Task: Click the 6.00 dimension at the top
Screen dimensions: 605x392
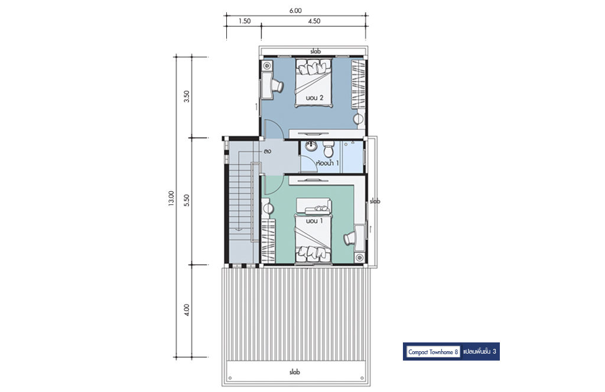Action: point(295,11)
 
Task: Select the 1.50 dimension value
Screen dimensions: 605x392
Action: point(245,21)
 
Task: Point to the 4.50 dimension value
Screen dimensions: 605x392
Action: point(314,21)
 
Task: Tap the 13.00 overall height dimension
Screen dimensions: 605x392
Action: point(171,198)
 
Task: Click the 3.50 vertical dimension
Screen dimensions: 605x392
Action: point(187,96)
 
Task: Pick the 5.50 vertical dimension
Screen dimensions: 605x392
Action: point(187,201)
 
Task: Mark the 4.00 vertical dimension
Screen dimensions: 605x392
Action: point(187,310)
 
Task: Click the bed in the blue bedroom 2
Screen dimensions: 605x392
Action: point(313,83)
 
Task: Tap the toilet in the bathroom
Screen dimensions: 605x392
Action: point(328,148)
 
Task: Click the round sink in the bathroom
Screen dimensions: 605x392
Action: point(311,146)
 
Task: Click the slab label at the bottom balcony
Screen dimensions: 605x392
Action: point(294,373)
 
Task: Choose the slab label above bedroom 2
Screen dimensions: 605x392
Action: point(315,51)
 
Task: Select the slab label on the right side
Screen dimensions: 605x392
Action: point(375,201)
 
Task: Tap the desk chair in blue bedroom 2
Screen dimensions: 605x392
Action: point(278,86)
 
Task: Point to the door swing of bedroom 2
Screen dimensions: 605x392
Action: point(274,129)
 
